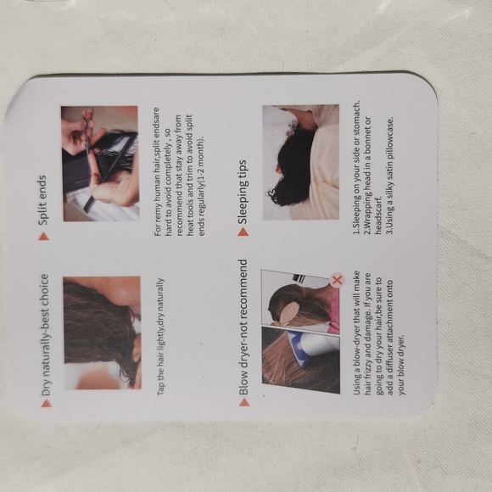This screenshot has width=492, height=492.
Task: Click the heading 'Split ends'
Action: point(42,200)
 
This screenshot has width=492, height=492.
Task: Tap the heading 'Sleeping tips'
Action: point(243,193)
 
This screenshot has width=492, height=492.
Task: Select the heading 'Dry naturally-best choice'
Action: point(45,335)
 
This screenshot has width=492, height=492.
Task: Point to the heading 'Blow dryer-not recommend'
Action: point(243,327)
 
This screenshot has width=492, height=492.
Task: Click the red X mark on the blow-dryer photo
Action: point(338,280)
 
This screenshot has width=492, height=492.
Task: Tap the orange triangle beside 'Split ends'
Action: point(43,237)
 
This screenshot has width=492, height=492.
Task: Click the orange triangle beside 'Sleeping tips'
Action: point(243,232)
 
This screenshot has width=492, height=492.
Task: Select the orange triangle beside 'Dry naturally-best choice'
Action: point(47,403)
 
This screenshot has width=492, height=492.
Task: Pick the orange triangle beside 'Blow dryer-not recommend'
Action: point(243,402)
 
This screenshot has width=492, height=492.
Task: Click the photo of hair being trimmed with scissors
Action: point(100,164)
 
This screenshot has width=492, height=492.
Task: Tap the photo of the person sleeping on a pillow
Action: point(301,162)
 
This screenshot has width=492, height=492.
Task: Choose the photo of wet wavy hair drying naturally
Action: point(103,333)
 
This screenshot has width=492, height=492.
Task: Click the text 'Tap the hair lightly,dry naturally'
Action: point(160,337)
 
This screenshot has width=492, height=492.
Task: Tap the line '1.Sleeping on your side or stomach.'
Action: point(356,167)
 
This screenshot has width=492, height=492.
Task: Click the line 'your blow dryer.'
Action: point(401,365)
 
